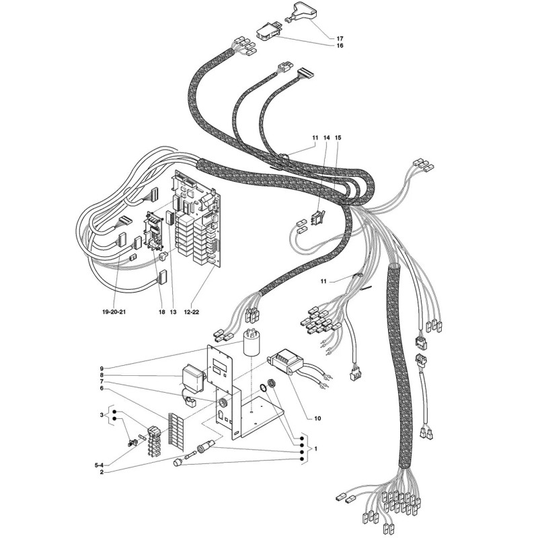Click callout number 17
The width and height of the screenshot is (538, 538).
click(x=340, y=39)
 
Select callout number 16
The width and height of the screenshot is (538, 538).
click(x=340, y=46)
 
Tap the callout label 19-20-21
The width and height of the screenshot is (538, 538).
click(x=114, y=312)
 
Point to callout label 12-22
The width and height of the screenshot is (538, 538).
click(x=192, y=312)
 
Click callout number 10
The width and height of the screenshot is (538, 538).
click(x=317, y=418)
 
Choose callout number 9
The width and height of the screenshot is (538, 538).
click(x=102, y=368)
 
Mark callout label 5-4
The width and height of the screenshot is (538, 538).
click(x=99, y=465)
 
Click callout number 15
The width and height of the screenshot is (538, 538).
click(x=338, y=138)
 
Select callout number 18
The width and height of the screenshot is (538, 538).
click(x=162, y=312)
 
